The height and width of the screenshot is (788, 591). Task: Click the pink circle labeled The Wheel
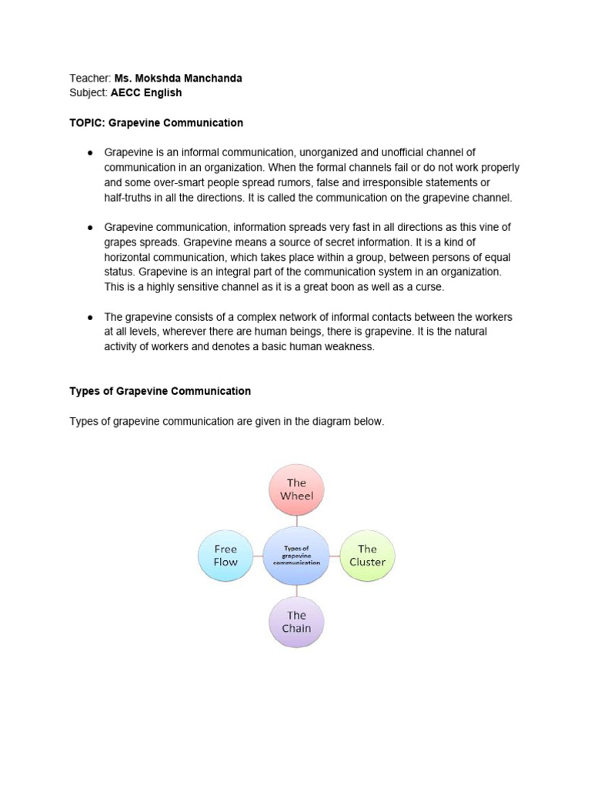coord(296,489)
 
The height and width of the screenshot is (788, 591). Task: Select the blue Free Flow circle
coord(225,555)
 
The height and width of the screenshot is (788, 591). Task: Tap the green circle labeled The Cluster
coord(367,555)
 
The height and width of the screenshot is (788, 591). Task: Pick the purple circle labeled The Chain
coord(296,622)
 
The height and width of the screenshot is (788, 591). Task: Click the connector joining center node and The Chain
coord(296,589)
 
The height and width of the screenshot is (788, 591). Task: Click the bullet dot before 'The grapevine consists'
coord(90,317)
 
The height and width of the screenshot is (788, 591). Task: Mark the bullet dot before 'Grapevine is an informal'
coord(90,153)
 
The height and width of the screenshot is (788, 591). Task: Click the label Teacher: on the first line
coord(90,78)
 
